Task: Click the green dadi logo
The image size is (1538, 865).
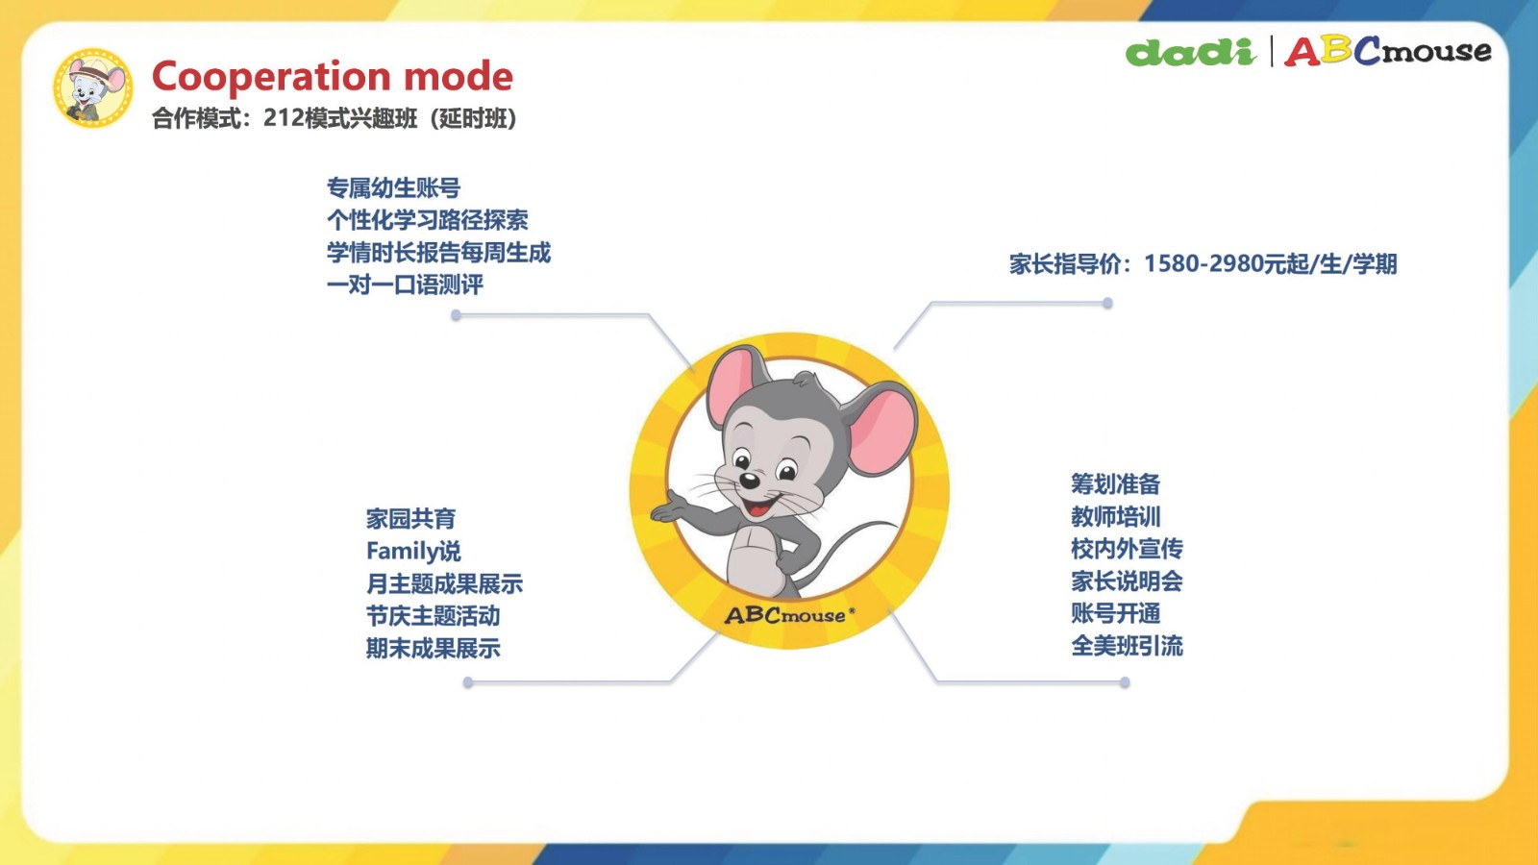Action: click(1191, 52)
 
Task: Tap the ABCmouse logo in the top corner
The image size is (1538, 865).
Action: click(1388, 52)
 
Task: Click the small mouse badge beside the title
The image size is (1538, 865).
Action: click(92, 87)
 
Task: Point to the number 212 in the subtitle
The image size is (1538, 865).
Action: click(284, 118)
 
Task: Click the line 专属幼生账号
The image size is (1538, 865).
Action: click(393, 187)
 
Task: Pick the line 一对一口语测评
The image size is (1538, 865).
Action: click(405, 284)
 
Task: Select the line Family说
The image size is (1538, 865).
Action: click(413, 552)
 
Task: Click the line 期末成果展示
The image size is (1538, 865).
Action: click(434, 648)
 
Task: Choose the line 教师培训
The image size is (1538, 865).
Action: click(1116, 516)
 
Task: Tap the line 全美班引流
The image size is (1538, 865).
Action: click(1127, 646)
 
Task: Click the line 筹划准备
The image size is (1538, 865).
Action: click(1116, 484)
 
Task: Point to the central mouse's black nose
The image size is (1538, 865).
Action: click(749, 480)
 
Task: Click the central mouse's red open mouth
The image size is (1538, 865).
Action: click(758, 508)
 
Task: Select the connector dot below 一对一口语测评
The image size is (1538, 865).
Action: click(456, 315)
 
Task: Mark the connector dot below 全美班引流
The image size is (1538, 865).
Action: click(1125, 682)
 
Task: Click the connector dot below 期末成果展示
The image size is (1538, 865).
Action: click(468, 682)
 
